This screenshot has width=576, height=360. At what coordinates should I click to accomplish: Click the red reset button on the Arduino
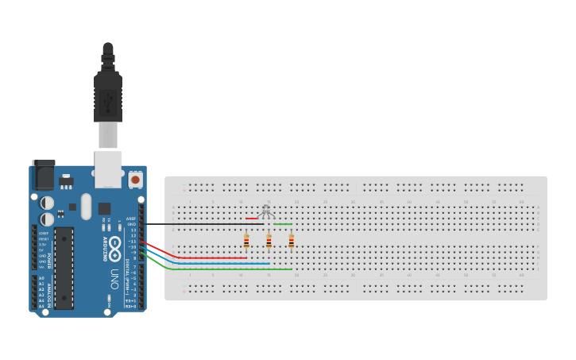point(135,180)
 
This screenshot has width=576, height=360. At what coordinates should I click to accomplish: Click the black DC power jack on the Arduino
point(43,175)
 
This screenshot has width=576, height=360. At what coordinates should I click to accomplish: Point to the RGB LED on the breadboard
point(266,210)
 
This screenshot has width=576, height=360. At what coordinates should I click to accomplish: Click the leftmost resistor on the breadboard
point(246,241)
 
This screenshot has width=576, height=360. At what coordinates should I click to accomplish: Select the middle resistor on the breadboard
point(269,241)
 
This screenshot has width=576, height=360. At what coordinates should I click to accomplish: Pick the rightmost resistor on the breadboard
point(291,241)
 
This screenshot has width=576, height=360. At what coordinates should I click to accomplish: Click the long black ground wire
point(199,224)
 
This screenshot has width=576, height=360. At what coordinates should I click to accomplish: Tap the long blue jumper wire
point(222,263)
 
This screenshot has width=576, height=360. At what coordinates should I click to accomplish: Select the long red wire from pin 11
point(211,257)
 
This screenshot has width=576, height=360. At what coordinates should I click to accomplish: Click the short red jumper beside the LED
point(251,218)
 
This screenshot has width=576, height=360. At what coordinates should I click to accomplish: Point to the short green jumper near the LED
point(282,224)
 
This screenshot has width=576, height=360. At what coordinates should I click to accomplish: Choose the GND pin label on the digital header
point(132,224)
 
